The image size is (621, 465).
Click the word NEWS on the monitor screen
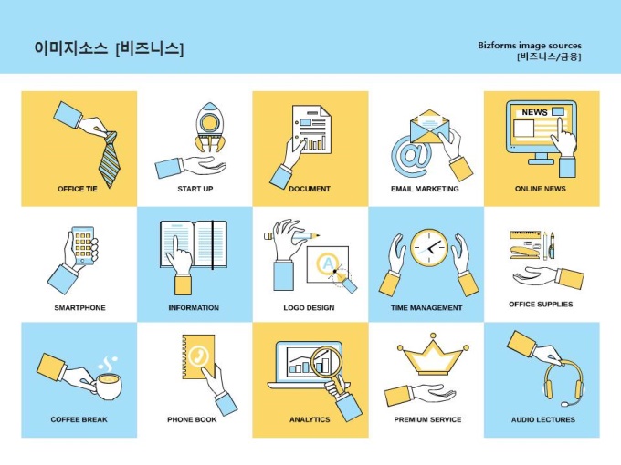click(534, 112)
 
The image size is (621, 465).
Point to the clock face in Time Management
click(429, 248)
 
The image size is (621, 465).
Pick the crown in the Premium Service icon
click(433, 355)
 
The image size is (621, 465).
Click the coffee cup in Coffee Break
click(109, 386)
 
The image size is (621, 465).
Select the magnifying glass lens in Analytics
click(326, 361)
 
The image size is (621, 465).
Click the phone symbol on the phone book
click(197, 356)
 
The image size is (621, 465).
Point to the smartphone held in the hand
click(83, 245)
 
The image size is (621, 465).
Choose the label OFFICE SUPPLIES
click(541, 304)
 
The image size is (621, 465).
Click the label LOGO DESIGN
click(309, 307)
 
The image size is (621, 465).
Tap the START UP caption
click(195, 189)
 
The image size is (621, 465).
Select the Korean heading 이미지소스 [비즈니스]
click(109, 48)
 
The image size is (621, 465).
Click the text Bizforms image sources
click(529, 45)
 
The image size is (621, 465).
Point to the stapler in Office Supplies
click(525, 253)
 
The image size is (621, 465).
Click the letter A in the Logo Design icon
click(328, 263)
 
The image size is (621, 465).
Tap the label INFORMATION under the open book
click(194, 307)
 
